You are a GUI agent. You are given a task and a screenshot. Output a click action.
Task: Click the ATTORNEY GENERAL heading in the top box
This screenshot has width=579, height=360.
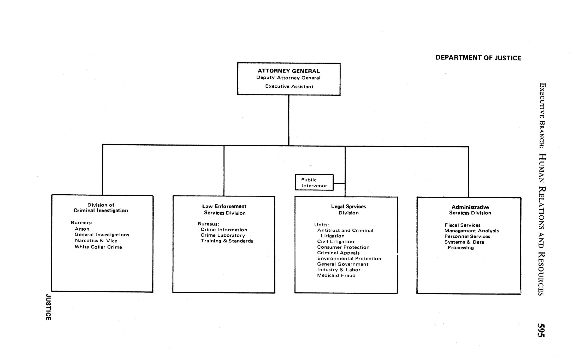(289, 71)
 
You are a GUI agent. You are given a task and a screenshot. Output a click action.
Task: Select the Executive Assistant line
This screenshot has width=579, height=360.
(289, 86)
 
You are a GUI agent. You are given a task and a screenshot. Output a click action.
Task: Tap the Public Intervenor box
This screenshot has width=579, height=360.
(314, 183)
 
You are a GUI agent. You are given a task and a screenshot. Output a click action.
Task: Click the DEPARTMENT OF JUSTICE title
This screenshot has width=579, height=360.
(478, 58)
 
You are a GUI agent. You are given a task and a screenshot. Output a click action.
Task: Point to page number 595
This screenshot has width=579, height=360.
(541, 330)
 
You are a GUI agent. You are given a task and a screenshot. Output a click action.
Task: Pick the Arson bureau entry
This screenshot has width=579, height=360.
(82, 229)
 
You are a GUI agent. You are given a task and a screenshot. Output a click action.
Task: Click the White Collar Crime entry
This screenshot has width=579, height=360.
(98, 247)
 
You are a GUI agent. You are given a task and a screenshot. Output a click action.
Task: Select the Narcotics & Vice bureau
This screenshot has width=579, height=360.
(96, 241)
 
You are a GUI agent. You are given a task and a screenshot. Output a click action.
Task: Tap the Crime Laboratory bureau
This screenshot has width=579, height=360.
(223, 235)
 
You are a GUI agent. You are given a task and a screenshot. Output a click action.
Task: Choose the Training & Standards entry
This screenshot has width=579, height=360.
(227, 241)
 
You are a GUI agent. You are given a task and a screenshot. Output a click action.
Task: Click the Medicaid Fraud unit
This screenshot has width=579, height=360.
(336, 275)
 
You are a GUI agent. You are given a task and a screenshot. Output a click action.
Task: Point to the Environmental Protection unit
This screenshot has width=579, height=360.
(349, 259)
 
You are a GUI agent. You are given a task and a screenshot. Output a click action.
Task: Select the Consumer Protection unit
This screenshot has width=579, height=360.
(343, 247)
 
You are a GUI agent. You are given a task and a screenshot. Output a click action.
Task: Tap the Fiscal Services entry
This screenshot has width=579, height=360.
(463, 225)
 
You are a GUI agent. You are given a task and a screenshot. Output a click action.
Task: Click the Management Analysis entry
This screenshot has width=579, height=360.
(471, 231)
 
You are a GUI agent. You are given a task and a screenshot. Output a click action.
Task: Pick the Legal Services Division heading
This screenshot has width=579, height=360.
(348, 209)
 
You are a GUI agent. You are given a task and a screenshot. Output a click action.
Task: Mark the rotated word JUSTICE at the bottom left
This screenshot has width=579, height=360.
(48, 307)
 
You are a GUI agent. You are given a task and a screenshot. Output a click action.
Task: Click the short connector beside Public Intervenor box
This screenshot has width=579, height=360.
(339, 183)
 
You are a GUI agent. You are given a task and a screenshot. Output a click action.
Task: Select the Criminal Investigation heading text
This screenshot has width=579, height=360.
(101, 211)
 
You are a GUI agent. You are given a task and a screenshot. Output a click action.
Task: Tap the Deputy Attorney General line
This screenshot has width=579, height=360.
(288, 78)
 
